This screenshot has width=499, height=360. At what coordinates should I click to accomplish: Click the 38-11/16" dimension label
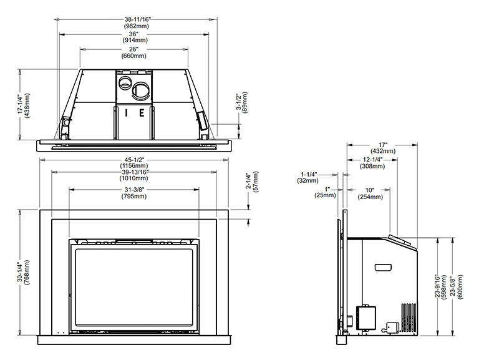(x=137, y=19)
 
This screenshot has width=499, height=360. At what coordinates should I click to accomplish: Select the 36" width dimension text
(x=134, y=34)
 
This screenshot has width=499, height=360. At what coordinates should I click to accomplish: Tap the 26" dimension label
(x=134, y=49)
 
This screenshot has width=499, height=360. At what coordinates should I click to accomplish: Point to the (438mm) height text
(x=27, y=105)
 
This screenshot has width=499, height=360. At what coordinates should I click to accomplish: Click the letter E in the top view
(x=142, y=113)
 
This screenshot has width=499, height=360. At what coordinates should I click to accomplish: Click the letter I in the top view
(x=127, y=113)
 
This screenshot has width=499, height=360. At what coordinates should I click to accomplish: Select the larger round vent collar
(x=142, y=90)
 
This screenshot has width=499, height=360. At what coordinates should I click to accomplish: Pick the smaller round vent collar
(x=125, y=82)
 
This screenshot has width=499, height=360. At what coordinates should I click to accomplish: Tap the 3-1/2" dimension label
(x=238, y=102)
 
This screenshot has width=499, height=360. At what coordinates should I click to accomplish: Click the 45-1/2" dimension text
(x=134, y=160)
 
